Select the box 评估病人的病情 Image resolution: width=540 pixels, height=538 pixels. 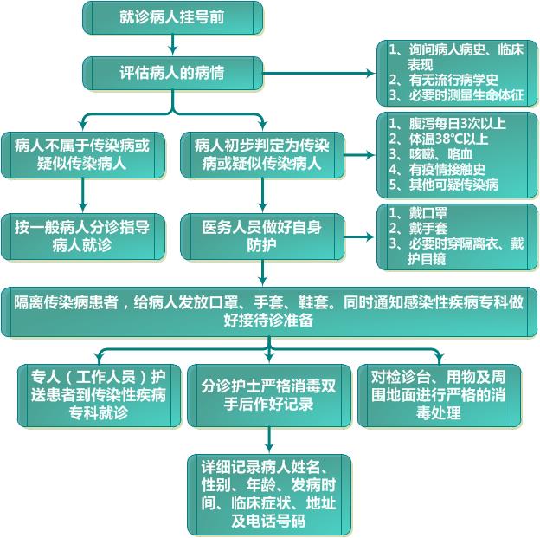[172, 73]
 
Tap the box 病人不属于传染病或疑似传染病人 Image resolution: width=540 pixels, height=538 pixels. [82, 154]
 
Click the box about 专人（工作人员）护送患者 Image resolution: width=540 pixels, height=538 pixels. [98, 395]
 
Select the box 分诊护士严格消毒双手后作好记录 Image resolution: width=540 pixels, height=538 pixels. [268, 395]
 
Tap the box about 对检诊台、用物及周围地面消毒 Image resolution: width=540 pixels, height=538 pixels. [440, 395]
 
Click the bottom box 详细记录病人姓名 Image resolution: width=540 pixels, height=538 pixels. [269, 494]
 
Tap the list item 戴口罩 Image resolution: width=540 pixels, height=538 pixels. [429, 213]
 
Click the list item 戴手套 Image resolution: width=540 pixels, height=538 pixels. [429, 229]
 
